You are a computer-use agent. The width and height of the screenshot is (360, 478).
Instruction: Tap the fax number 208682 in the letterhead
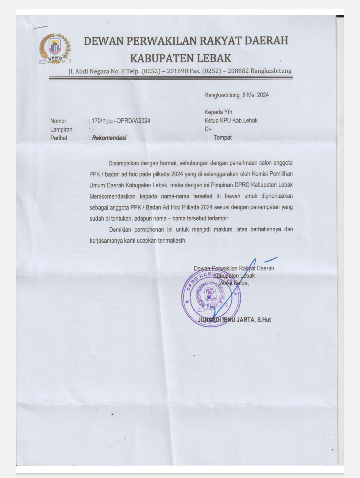pyautogui.click(x=238, y=71)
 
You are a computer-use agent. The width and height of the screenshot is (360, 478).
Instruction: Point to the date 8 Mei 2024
pyautogui.click(x=256, y=95)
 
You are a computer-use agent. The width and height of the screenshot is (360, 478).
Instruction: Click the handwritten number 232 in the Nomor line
pyautogui.click(x=108, y=121)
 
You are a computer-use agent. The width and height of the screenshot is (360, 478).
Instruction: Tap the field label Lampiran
pyautogui.click(x=61, y=129)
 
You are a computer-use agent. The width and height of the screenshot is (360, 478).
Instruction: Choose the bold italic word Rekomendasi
pyautogui.click(x=109, y=138)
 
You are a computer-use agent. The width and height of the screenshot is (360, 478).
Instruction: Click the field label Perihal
pyautogui.click(x=59, y=138)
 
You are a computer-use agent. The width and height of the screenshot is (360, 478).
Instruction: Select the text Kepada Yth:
pyautogui.click(x=219, y=112)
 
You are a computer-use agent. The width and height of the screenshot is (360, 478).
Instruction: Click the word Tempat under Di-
pyautogui.click(x=222, y=137)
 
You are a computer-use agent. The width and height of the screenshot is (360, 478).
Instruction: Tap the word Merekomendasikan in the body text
pyautogui.click(x=112, y=196)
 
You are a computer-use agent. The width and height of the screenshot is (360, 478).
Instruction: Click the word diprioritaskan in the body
pyautogui.click(x=277, y=196)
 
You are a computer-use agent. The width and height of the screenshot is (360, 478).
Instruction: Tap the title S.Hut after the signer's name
pyautogui.click(x=264, y=320)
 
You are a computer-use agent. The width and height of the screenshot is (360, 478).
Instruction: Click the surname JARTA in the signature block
pyautogui.click(x=246, y=320)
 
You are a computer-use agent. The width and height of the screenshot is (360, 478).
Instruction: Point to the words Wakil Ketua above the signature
pyautogui.click(x=234, y=283)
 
